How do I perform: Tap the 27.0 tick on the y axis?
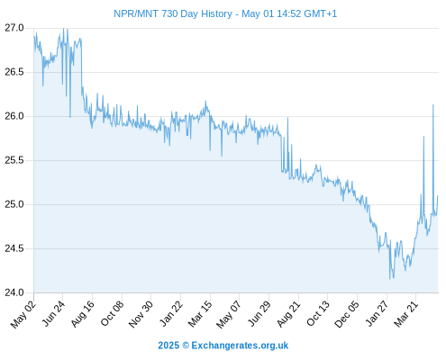click(14, 28)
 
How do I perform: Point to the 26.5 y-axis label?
click(14, 72)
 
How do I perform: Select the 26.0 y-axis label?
click(14, 116)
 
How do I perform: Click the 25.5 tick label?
click(14, 160)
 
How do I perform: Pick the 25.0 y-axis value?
click(14, 204)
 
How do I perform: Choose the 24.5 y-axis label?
click(14, 248)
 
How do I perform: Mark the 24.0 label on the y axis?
click(14, 292)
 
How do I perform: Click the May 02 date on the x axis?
click(23, 314)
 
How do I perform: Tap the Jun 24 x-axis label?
click(53, 314)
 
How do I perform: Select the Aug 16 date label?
click(82, 314)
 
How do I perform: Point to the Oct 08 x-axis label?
click(112, 314)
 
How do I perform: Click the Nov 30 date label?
click(141, 314)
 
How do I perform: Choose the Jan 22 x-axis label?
click(170, 314)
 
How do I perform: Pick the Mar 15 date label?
click(200, 314)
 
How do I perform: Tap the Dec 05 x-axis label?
click(347, 314)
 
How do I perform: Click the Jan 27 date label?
click(377, 314)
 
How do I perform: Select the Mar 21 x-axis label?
click(406, 314)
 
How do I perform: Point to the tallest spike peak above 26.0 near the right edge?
click(433, 104)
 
